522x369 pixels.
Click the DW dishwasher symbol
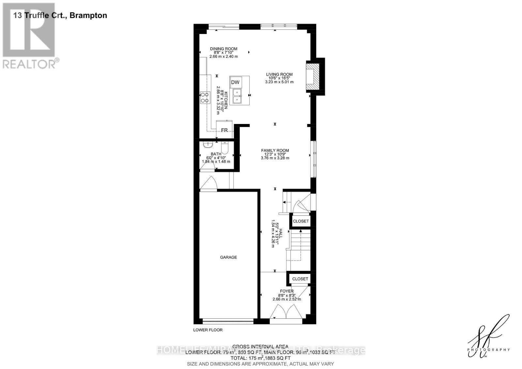[235, 82]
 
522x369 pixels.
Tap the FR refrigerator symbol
[224, 130]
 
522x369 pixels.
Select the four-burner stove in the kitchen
[205, 98]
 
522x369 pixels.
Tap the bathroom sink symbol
[207, 145]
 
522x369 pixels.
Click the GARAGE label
[228, 257]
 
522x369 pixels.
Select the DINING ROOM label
[223, 49]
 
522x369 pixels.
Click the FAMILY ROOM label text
[275, 150]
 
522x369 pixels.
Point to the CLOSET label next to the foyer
[300, 279]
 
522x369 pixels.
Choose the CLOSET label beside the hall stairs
[300, 221]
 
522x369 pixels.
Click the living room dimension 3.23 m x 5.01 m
[279, 82]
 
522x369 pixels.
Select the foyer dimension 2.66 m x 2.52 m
[287, 299]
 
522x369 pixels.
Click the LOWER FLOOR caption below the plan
[208, 330]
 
